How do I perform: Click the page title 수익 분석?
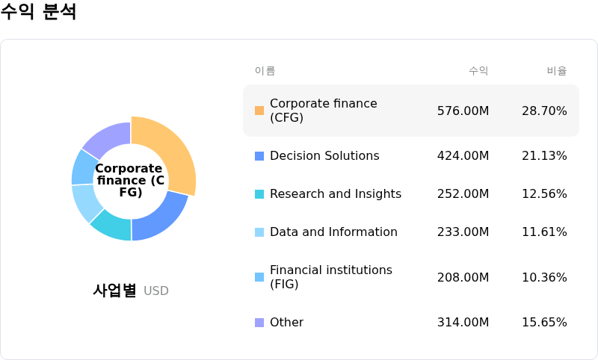pos(39,12)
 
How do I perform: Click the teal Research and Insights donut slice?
pos(111,226)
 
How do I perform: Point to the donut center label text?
pos(130,180)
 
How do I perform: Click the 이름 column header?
pos(265,71)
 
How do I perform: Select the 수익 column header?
pos(478,71)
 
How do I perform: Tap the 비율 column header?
pos(557,71)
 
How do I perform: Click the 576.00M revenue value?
pos(463,111)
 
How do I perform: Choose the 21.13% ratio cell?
pos(544,156)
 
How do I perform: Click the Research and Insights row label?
pos(335,194)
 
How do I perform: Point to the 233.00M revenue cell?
pos(463,232)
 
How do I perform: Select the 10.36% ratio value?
pos(544,277)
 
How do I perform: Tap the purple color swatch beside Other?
pos(259,323)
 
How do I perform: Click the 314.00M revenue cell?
pos(463,323)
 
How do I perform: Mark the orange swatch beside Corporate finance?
pos(259,111)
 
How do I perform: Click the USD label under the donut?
pos(156,291)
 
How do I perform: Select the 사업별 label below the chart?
pos(114,291)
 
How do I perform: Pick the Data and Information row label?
pos(333,232)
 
